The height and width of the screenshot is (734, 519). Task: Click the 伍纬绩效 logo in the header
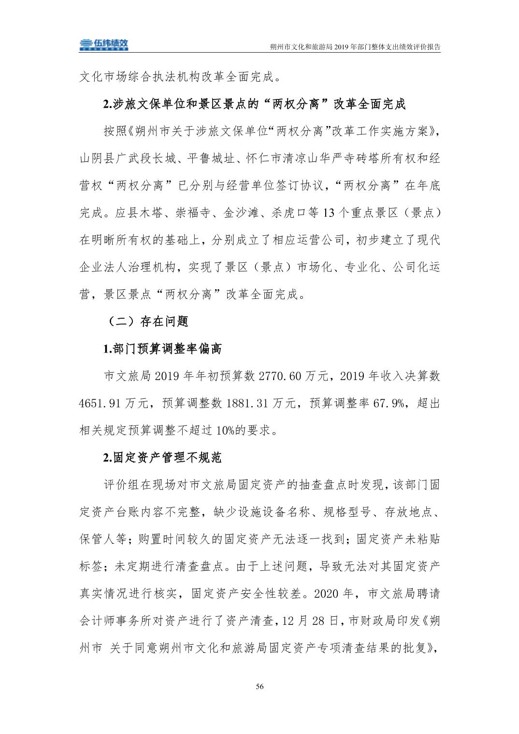(104, 44)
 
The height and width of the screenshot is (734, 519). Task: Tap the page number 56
(260, 687)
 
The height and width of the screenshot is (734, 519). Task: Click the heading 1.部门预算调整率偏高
(162, 348)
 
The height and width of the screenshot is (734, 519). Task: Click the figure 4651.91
(101, 403)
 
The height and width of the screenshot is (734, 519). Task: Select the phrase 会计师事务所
(115, 621)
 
